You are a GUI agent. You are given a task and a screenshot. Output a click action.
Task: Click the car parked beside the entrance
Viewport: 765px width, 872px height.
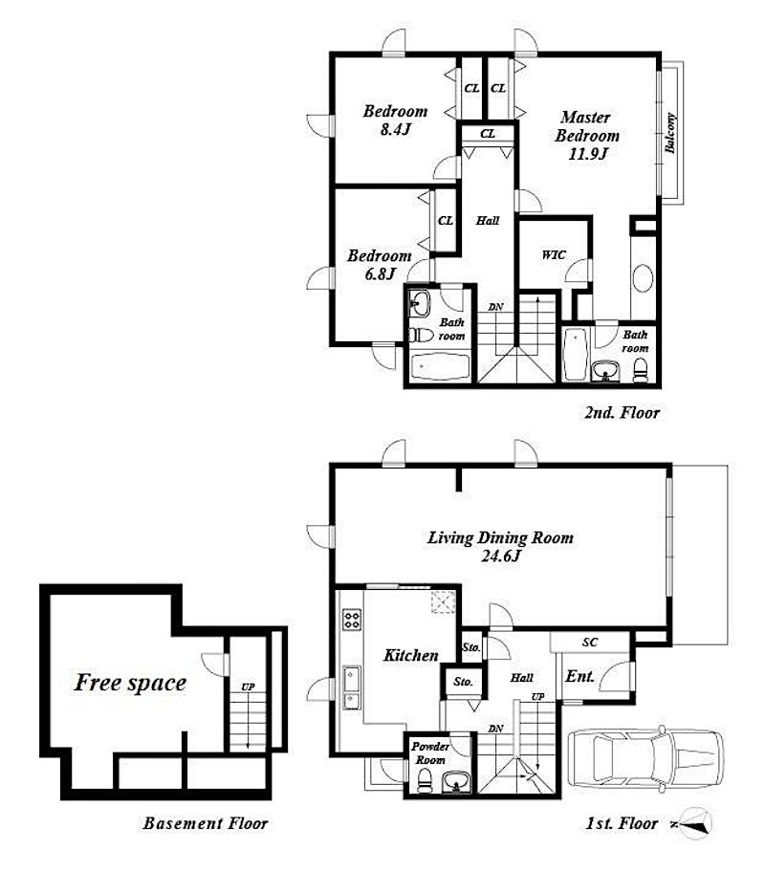645,757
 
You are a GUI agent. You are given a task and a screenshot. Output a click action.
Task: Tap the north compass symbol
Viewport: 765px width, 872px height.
694,823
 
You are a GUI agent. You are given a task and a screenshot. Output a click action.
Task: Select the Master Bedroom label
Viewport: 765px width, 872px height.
586,135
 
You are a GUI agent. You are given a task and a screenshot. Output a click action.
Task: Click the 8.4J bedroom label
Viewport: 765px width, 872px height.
395,120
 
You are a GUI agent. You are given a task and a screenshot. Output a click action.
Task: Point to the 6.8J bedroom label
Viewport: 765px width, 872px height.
380,264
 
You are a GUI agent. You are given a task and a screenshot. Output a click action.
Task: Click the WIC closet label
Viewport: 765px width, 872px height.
554,254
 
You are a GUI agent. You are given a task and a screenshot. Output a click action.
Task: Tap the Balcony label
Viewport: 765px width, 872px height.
670,133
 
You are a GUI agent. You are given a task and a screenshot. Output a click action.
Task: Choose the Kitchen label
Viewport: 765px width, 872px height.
410,655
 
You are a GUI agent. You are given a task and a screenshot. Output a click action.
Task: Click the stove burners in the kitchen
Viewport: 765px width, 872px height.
352,619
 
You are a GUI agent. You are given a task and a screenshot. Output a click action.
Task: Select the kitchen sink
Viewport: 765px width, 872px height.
352,687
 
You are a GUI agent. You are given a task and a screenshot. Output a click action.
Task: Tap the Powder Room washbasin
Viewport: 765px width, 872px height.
456,782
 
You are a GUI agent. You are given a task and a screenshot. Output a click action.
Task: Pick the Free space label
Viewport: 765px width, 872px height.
130,683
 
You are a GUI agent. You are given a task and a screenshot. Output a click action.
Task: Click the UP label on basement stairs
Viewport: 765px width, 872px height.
248,687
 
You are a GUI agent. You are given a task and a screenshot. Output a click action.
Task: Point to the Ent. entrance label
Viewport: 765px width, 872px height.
580,676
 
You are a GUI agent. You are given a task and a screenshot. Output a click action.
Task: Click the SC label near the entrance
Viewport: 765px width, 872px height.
590,643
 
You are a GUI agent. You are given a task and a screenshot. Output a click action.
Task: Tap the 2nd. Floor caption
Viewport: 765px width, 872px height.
622,413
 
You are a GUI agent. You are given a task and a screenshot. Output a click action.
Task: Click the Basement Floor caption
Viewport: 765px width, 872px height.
206,823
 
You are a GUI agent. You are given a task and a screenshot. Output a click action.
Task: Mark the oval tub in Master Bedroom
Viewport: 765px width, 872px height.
643,278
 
